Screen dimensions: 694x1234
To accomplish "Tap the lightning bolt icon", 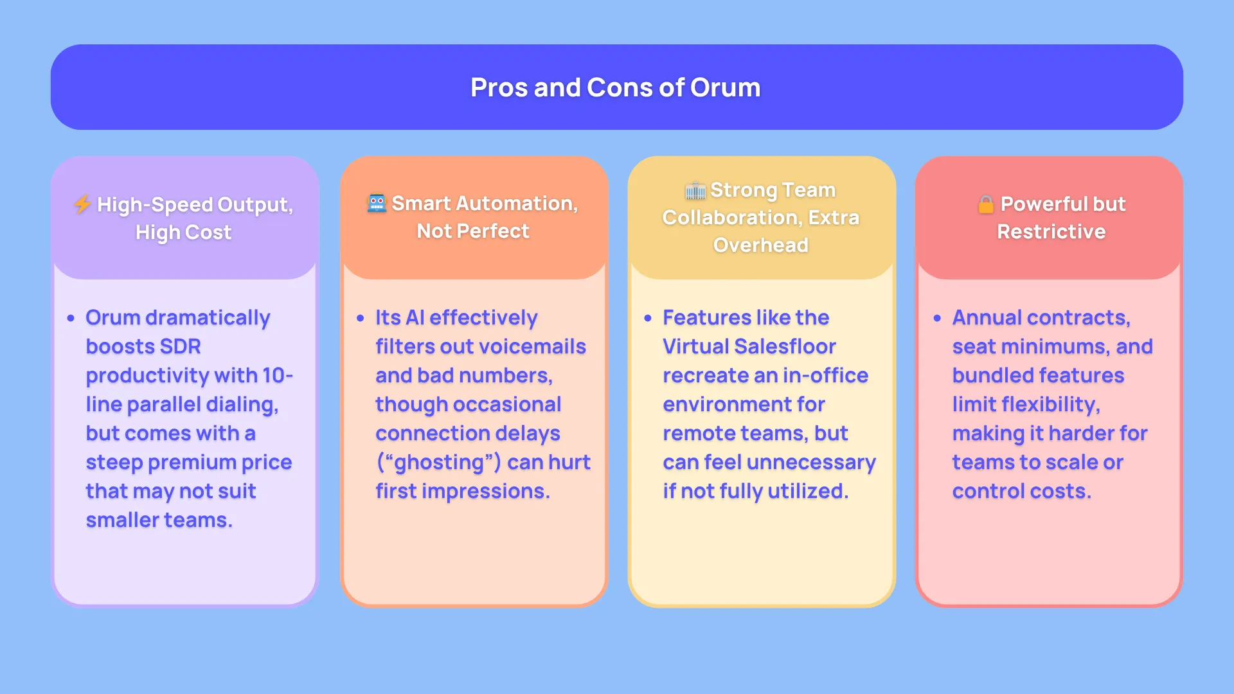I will (82, 204).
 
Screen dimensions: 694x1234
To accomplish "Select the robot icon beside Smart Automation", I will (377, 203).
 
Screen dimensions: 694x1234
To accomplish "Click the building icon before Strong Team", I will (695, 190).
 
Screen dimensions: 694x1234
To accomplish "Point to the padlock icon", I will (985, 204).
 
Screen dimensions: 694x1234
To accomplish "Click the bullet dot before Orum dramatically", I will (71, 318).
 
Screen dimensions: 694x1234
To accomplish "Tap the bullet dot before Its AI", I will (360, 318).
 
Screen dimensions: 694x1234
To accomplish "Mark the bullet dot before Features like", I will (648, 318).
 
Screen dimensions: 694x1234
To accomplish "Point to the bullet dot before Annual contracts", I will (937, 318).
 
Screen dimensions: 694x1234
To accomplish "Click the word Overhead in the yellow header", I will (760, 245).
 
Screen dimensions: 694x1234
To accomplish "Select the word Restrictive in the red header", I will (1051, 231).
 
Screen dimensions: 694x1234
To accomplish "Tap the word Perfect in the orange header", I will (493, 231).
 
